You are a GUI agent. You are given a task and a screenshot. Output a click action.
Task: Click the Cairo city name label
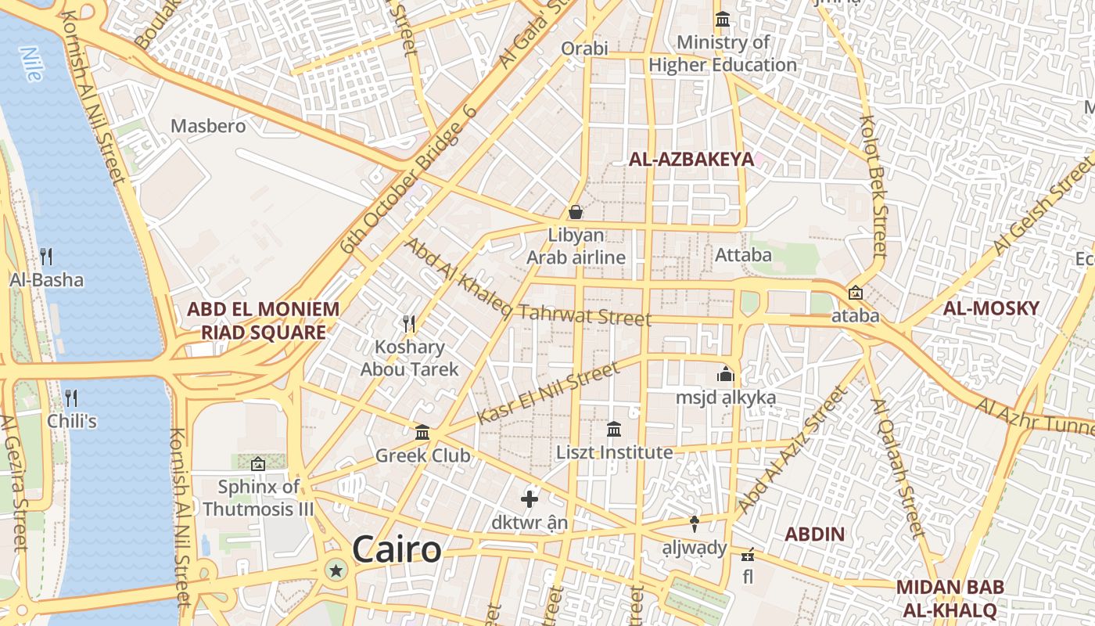(397, 549)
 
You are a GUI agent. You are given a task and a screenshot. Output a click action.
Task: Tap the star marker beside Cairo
(337, 570)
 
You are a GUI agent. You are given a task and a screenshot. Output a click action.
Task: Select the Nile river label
(31, 64)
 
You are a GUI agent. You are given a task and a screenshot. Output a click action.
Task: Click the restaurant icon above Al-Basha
(46, 256)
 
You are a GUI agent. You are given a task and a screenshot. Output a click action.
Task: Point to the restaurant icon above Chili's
(71, 398)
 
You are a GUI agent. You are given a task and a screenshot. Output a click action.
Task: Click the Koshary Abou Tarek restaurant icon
(408, 323)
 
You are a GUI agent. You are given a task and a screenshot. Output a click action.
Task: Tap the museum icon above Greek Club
(422, 432)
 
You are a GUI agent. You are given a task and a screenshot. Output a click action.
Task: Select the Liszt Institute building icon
(614, 429)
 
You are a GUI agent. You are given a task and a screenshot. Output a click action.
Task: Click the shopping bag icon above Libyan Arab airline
(576, 212)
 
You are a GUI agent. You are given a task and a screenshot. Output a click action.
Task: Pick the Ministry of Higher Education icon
(723, 19)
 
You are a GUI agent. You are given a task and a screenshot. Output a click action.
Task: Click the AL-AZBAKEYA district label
(691, 160)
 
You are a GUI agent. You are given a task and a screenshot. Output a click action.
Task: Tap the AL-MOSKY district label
(991, 308)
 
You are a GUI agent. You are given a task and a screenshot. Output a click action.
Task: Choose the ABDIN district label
(814, 534)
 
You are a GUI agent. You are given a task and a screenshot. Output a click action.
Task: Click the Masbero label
(208, 126)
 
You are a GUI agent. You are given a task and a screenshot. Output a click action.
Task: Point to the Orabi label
(584, 49)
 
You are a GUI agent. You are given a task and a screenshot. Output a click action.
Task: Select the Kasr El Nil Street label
(547, 394)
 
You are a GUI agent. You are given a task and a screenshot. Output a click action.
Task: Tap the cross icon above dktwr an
(530, 498)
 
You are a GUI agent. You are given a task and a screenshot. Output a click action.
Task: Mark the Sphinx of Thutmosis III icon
(258, 464)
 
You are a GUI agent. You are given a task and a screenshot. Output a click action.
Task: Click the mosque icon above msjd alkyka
(726, 374)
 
